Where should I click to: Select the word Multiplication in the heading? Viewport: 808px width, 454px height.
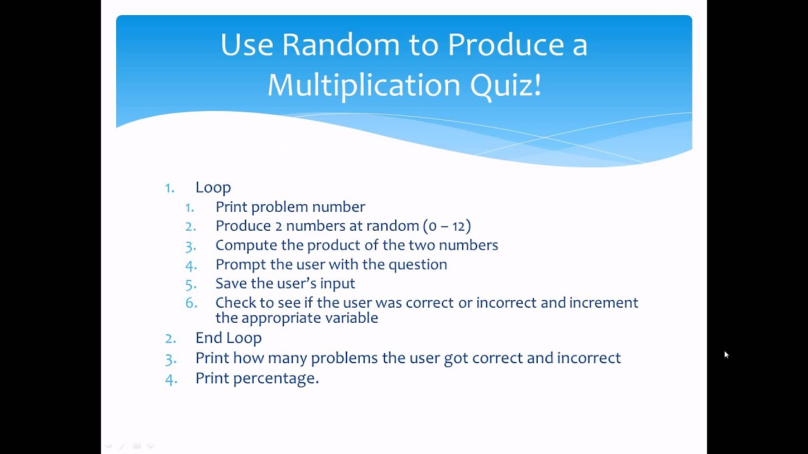364,85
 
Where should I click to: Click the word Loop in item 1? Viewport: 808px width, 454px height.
213,187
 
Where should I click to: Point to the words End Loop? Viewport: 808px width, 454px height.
228,338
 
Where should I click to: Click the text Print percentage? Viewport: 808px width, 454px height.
257,378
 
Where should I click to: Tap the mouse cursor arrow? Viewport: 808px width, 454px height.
726,354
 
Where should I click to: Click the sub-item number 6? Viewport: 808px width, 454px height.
191,303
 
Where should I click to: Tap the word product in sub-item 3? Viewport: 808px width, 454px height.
336,245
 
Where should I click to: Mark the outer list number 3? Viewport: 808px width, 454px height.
170,358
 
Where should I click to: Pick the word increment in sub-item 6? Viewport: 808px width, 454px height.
603,303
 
